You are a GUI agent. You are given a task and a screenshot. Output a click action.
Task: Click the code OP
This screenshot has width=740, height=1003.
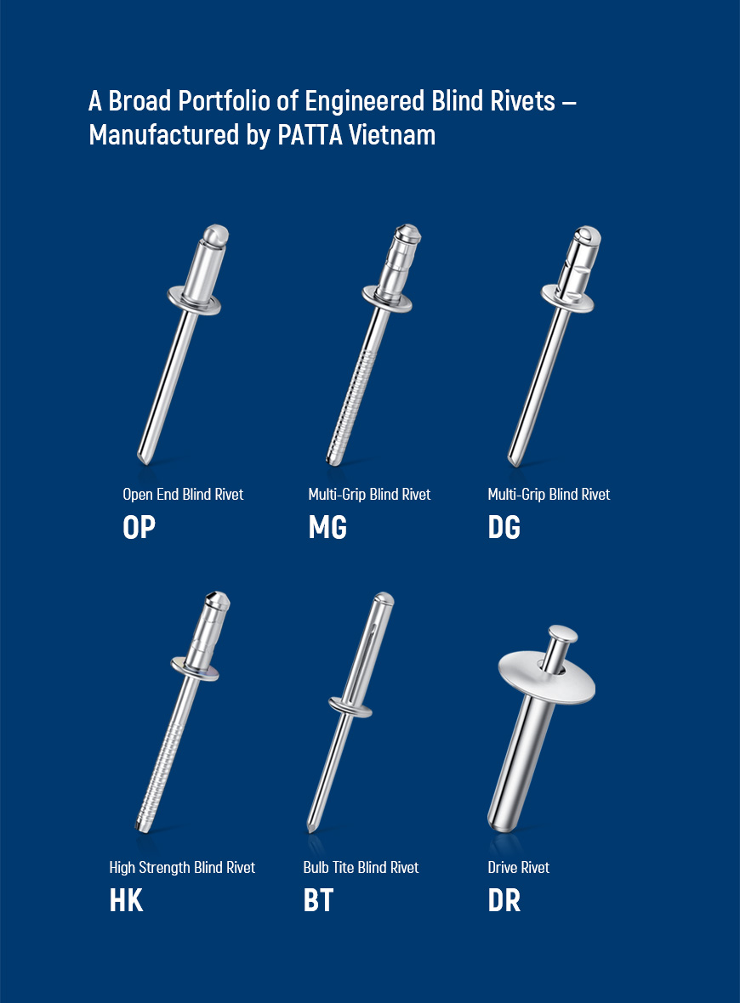pyautogui.click(x=139, y=528)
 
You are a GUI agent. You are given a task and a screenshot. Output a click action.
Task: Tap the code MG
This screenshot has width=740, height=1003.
pyautogui.click(x=327, y=528)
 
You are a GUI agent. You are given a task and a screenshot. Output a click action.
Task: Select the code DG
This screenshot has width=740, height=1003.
pyautogui.click(x=504, y=528)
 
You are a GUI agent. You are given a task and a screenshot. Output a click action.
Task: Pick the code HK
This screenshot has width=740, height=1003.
pyautogui.click(x=126, y=901)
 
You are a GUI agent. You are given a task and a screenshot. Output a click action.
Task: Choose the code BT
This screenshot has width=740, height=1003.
pyautogui.click(x=318, y=901)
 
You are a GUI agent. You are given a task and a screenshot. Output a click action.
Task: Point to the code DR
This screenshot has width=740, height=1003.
pyautogui.click(x=504, y=901)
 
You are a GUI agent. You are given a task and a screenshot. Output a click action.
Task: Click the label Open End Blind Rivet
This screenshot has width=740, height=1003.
pyautogui.click(x=183, y=495)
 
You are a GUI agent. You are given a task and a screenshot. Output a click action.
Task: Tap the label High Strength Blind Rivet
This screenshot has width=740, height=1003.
pyautogui.click(x=182, y=867)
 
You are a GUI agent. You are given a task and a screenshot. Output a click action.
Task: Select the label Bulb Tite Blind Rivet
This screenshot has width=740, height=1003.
pyautogui.click(x=361, y=867)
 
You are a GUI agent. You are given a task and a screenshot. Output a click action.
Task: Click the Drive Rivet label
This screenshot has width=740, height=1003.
pyautogui.click(x=519, y=867)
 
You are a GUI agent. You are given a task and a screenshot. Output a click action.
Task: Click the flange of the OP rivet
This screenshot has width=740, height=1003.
pyautogui.click(x=194, y=301)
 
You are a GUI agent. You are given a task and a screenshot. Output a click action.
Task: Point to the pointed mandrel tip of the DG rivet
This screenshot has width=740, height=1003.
pyautogui.click(x=512, y=459)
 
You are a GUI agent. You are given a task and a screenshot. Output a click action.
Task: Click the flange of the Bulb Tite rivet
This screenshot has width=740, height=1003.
pyautogui.click(x=350, y=707)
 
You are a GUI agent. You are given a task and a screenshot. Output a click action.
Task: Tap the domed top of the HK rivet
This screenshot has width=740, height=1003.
pyautogui.click(x=218, y=599)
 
